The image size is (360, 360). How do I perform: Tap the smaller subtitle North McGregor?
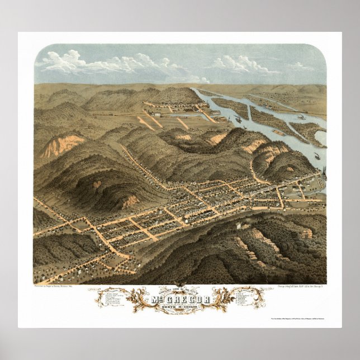click(179, 307)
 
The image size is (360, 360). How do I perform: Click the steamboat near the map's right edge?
click(318, 156)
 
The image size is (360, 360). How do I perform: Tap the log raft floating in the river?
click(278, 132)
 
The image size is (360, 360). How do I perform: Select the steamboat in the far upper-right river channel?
click(302, 117)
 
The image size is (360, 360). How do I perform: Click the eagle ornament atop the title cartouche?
click(180, 287)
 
